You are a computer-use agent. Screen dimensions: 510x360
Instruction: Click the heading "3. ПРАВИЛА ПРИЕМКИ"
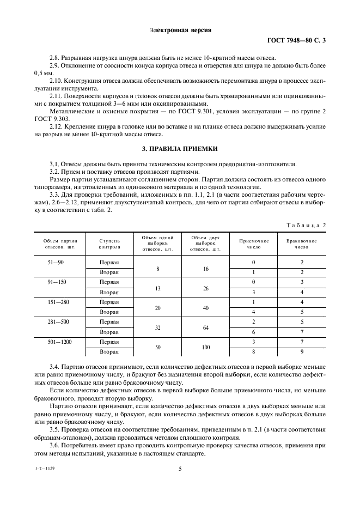[x=180, y=149]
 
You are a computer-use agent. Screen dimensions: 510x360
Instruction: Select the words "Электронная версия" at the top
[x=180, y=30]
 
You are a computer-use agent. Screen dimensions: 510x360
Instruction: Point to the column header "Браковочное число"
[x=301, y=244]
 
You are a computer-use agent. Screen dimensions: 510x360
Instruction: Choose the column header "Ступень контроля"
[x=109, y=244]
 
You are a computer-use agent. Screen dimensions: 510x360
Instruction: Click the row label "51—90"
[x=56, y=262]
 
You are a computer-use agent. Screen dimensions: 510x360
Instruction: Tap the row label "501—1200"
[x=56, y=342]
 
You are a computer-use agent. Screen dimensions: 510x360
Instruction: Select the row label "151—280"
[x=56, y=302]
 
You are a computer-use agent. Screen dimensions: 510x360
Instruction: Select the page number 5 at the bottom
[x=180, y=468]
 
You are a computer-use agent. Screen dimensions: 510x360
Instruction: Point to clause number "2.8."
[x=55, y=58]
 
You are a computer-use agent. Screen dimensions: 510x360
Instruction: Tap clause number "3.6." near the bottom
[x=55, y=445]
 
